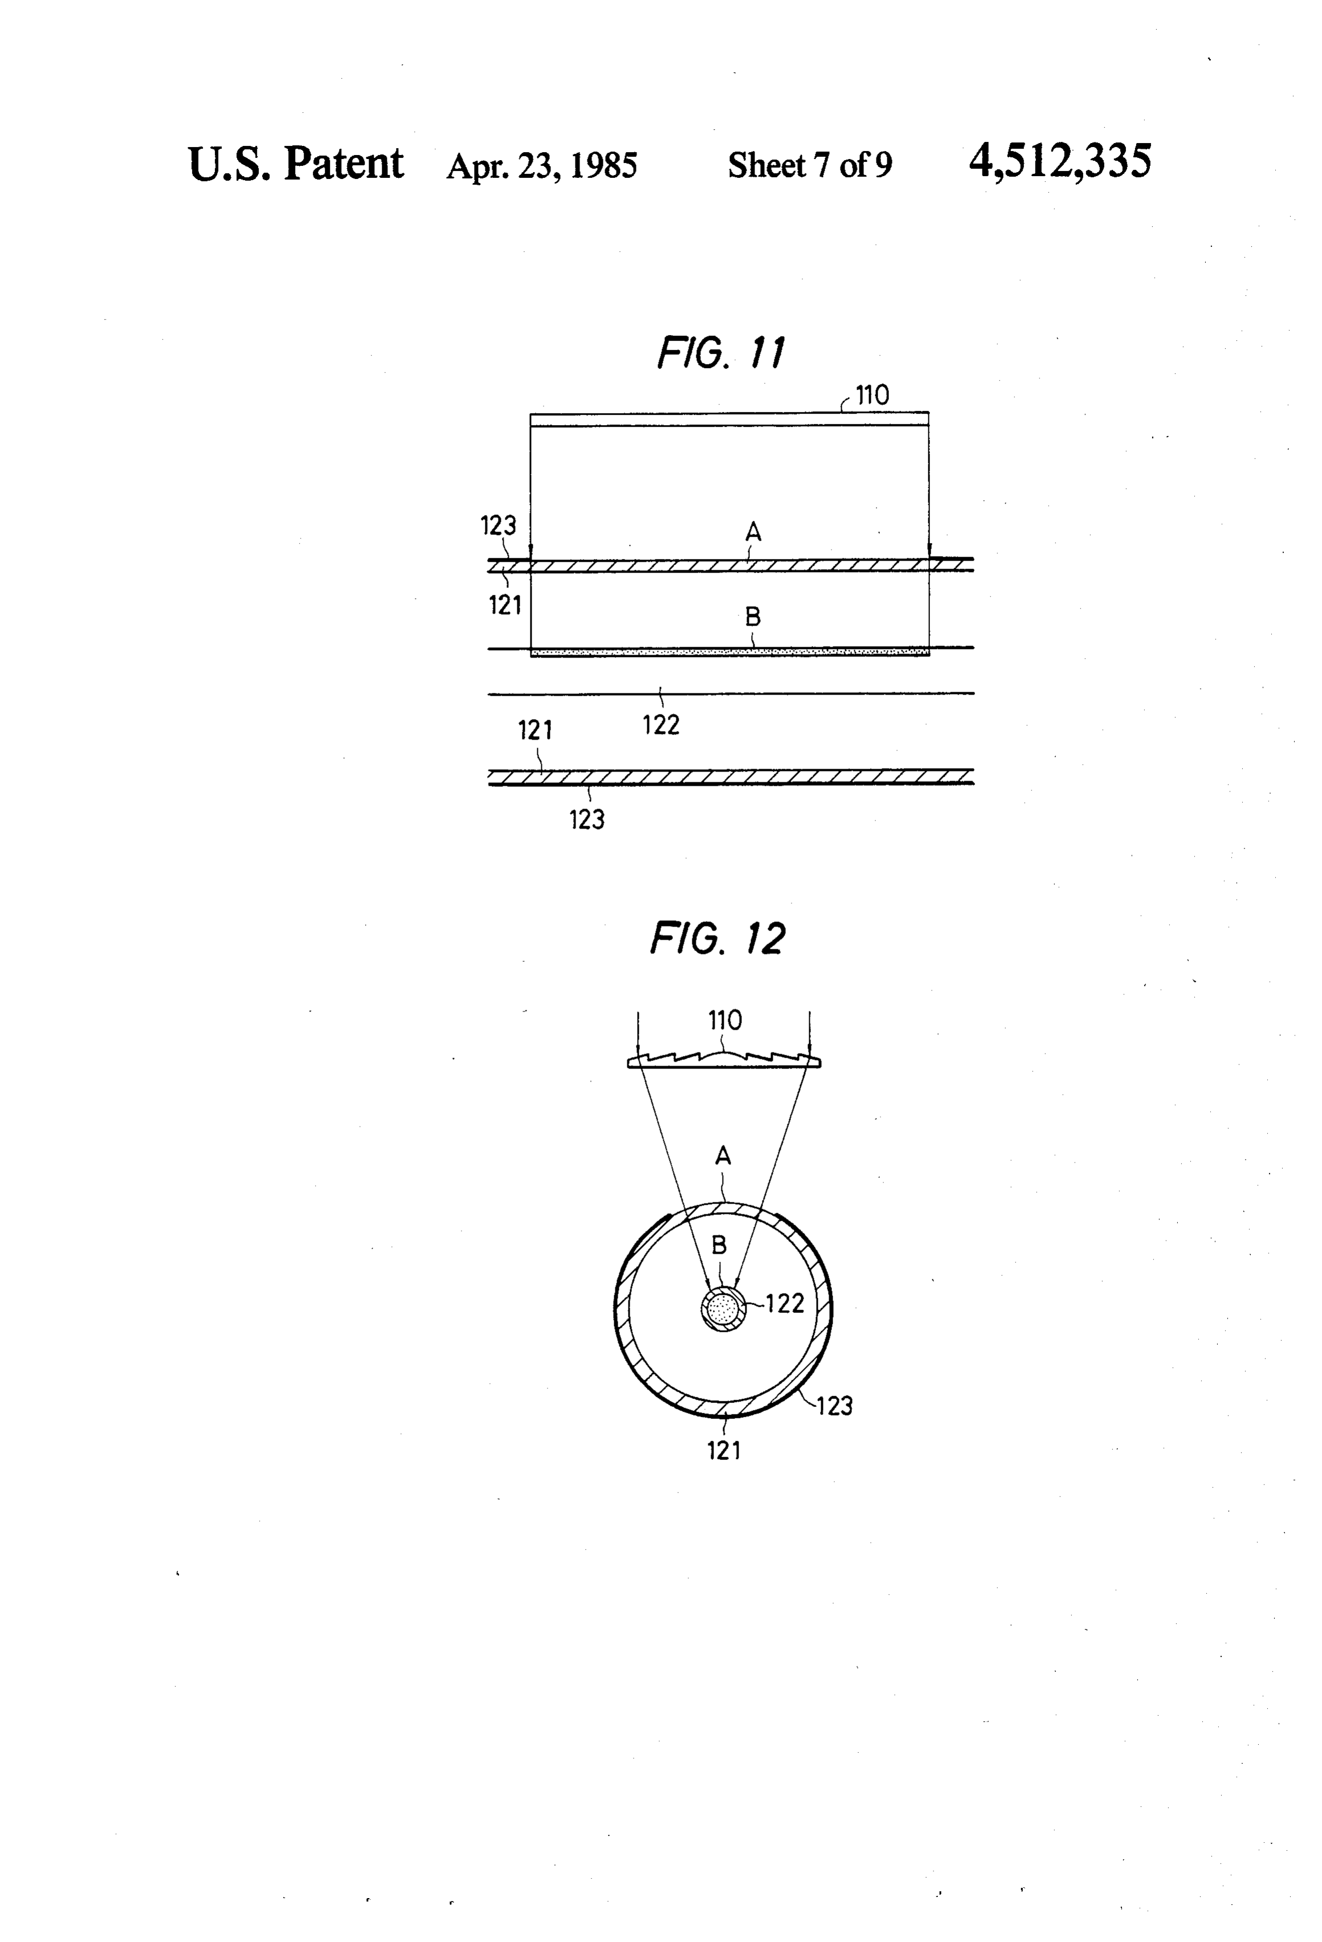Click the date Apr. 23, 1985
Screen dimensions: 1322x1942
pyautogui.click(x=541, y=165)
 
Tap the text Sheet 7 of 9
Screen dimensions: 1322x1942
pyautogui.click(x=810, y=165)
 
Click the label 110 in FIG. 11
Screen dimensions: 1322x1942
pyautogui.click(x=872, y=395)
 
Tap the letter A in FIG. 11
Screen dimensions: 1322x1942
pyautogui.click(x=753, y=532)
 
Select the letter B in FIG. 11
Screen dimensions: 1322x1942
pyautogui.click(x=753, y=617)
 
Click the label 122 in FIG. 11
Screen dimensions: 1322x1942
pyautogui.click(x=661, y=724)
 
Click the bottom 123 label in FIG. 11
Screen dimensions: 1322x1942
pyautogui.click(x=586, y=820)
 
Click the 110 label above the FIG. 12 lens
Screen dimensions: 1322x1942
pyautogui.click(x=724, y=1021)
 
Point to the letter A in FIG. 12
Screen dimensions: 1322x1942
pyautogui.click(x=724, y=1156)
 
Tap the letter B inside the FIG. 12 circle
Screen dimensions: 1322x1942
pyautogui.click(x=719, y=1245)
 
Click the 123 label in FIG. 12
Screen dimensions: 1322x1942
pyautogui.click(x=834, y=1406)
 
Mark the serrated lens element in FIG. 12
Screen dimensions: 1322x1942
pyautogui.click(x=724, y=1059)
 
